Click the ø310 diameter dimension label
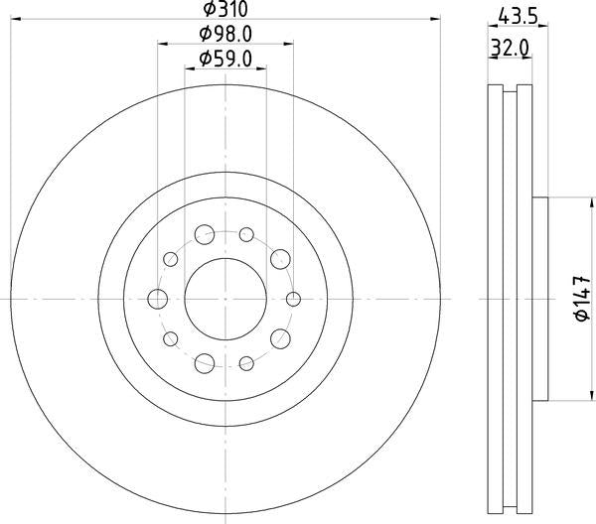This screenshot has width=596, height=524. (x=224, y=11)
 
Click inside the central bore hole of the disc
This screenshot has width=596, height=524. (x=224, y=299)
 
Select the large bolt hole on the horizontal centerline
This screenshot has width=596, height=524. (x=157, y=299)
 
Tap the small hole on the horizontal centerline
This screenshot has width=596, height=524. (x=292, y=299)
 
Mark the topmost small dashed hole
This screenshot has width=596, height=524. (x=245, y=235)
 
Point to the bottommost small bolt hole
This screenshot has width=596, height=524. (x=245, y=362)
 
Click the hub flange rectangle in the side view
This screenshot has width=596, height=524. (x=541, y=299)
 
